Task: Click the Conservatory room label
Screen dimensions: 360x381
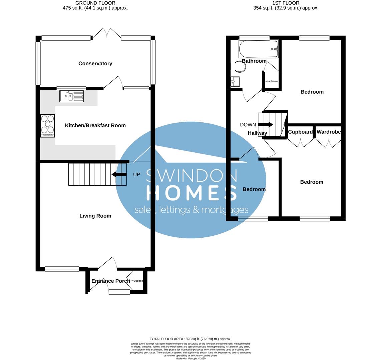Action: coord(95,63)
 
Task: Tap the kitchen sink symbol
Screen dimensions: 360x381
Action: coord(72,96)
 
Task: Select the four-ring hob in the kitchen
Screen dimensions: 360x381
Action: coord(47,125)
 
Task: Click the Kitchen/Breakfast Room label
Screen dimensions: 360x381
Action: coord(95,125)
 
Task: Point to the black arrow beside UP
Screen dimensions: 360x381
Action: coord(119,174)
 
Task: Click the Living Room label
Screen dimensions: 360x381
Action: coord(95,216)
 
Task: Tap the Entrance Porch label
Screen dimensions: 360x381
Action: coord(110,281)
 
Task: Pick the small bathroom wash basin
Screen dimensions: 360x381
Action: coord(235,81)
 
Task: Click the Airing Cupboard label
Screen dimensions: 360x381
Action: coord(272,81)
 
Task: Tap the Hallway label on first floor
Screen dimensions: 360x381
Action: coord(257,133)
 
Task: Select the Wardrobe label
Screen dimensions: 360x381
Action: coord(329,132)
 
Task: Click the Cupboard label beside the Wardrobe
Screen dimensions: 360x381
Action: coord(300,132)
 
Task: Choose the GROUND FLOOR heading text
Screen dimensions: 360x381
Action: coord(95,3)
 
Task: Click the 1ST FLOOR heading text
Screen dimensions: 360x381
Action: coord(286,3)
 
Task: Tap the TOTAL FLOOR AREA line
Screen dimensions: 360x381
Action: coord(190,339)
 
